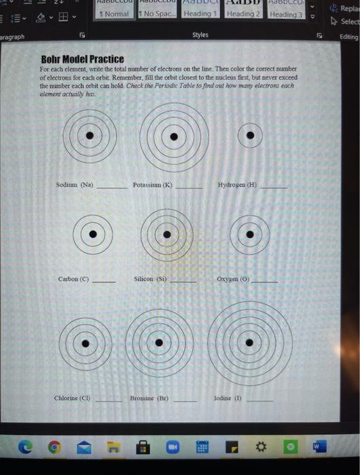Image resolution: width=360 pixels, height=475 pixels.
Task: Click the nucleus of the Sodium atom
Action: (89, 136)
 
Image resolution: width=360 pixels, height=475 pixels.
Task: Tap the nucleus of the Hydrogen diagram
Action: (251, 136)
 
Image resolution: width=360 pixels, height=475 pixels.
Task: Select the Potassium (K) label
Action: (153, 185)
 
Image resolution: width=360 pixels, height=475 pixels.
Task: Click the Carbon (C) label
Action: (73, 279)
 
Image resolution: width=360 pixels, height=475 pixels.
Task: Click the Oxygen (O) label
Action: (234, 279)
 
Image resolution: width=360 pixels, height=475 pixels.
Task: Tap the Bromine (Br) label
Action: (149, 398)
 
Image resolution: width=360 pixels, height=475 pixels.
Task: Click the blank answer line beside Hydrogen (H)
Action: (274, 187)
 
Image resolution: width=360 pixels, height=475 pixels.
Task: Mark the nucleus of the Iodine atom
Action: (250, 343)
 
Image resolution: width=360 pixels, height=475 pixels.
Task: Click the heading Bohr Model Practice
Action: (82, 59)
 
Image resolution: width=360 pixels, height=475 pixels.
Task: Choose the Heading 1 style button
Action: (200, 14)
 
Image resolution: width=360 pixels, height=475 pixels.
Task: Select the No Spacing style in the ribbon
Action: (156, 14)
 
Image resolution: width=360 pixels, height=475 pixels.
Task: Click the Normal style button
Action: (113, 14)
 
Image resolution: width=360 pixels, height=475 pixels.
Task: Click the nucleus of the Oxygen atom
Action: (250, 235)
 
